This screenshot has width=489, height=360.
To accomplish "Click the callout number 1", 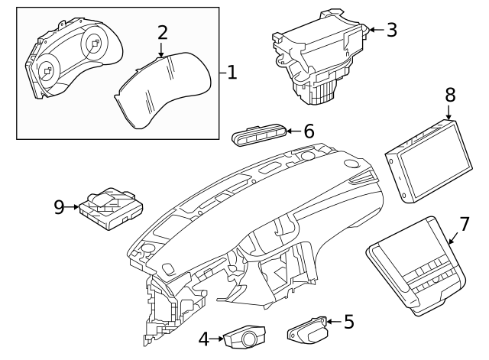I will [232, 73].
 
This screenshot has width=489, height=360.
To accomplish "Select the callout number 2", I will [162, 32].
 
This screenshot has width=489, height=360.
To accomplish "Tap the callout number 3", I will [391, 30].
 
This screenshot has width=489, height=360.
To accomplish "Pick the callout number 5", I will [348, 321].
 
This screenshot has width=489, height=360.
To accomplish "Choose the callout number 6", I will [309, 131].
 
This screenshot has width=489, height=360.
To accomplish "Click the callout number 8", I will [450, 94].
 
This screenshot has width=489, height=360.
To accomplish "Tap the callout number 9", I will [59, 206].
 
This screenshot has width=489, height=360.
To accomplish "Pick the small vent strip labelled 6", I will [259, 135].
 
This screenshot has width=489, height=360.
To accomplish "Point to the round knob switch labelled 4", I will [245, 337].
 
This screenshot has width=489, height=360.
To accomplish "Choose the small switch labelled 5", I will [307, 330].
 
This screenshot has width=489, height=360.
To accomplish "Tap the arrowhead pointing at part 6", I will [290, 131].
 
